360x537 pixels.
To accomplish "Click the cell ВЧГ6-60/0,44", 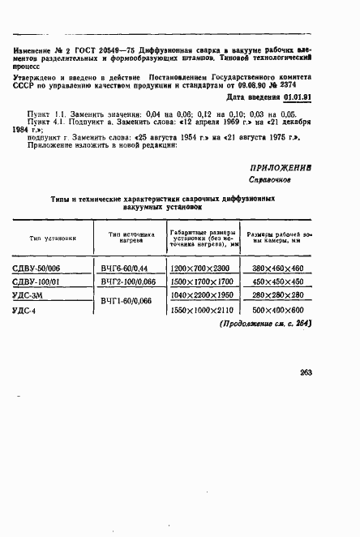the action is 125,268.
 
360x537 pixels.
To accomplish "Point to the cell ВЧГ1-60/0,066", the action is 126,303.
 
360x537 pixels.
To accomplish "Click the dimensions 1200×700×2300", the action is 201,268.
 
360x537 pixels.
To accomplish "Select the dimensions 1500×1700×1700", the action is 201,282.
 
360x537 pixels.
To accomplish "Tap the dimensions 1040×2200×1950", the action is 201,296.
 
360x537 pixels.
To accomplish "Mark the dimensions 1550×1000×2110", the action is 201,311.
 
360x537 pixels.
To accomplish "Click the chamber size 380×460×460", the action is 277,268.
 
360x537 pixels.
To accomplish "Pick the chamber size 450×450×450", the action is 277,282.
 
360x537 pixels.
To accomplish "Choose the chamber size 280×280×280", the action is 277,296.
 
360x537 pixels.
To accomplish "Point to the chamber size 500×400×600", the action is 277,311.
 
